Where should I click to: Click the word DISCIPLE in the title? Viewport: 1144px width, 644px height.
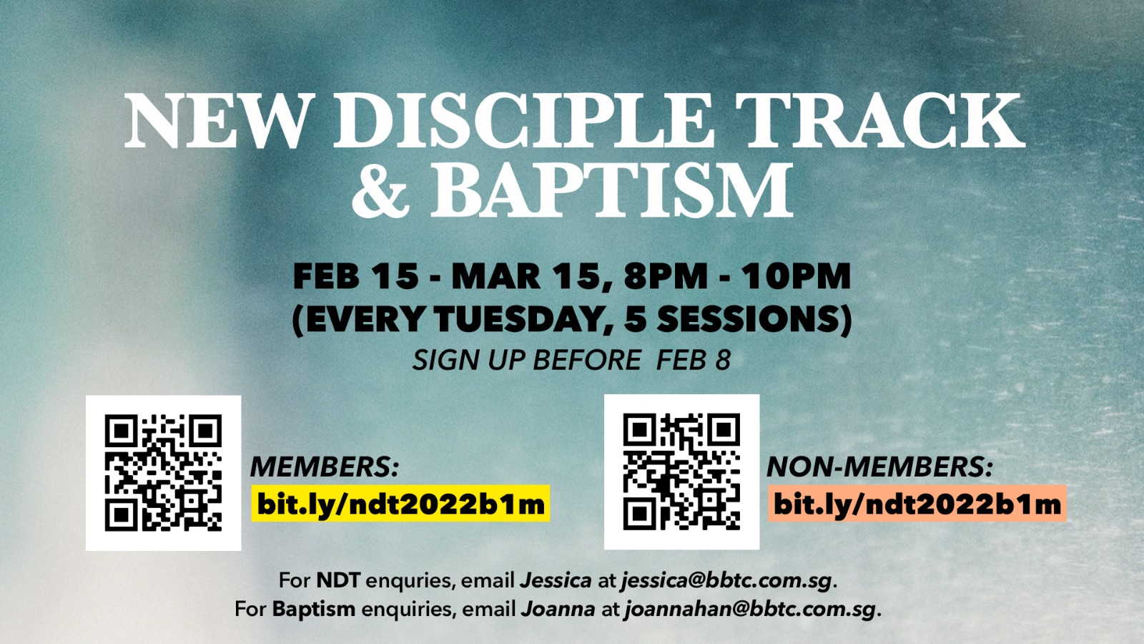(x=523, y=121)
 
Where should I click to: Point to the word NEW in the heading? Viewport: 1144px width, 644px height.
(x=217, y=121)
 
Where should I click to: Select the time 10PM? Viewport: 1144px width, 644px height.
(x=797, y=276)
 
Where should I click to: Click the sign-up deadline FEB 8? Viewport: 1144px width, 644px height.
(x=694, y=360)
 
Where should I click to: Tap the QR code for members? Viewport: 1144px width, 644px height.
(x=164, y=473)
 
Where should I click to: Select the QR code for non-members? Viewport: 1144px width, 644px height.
(x=682, y=472)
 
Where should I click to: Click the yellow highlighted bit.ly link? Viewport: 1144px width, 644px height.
(x=401, y=504)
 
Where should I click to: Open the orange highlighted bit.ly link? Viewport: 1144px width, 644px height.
(x=917, y=504)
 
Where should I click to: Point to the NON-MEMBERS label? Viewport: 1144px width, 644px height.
(x=880, y=467)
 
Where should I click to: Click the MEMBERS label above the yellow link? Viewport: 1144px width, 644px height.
(x=325, y=467)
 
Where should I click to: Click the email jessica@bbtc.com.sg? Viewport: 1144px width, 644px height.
(x=727, y=581)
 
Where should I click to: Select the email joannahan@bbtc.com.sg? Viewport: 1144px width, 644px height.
(x=750, y=610)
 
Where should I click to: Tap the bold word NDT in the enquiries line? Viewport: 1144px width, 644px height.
(x=339, y=580)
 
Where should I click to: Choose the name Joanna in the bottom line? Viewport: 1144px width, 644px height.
(x=558, y=609)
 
